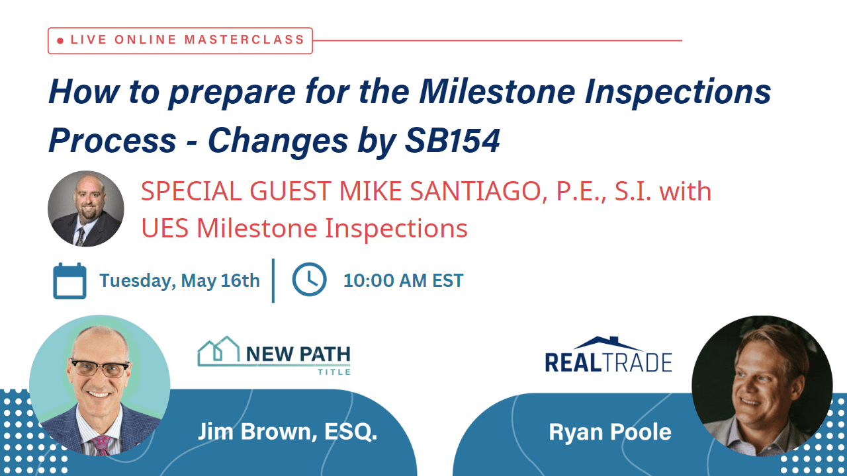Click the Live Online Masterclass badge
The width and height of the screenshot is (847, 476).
click(x=180, y=40)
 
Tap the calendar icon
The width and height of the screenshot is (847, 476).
click(x=69, y=280)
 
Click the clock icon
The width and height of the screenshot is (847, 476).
click(x=309, y=280)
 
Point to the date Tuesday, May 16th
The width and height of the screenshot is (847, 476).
click(x=179, y=280)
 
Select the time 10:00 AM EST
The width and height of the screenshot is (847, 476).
click(x=403, y=280)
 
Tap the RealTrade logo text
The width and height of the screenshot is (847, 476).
click(x=608, y=362)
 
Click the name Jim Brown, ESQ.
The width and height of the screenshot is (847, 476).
click(x=287, y=432)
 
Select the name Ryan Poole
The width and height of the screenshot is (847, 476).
click(x=609, y=432)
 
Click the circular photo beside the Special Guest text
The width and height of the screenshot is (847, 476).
click(x=85, y=209)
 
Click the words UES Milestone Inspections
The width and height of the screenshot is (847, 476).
click(x=304, y=229)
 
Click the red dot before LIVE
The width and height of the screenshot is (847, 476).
click(x=60, y=41)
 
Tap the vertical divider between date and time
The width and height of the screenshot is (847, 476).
click(x=273, y=280)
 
